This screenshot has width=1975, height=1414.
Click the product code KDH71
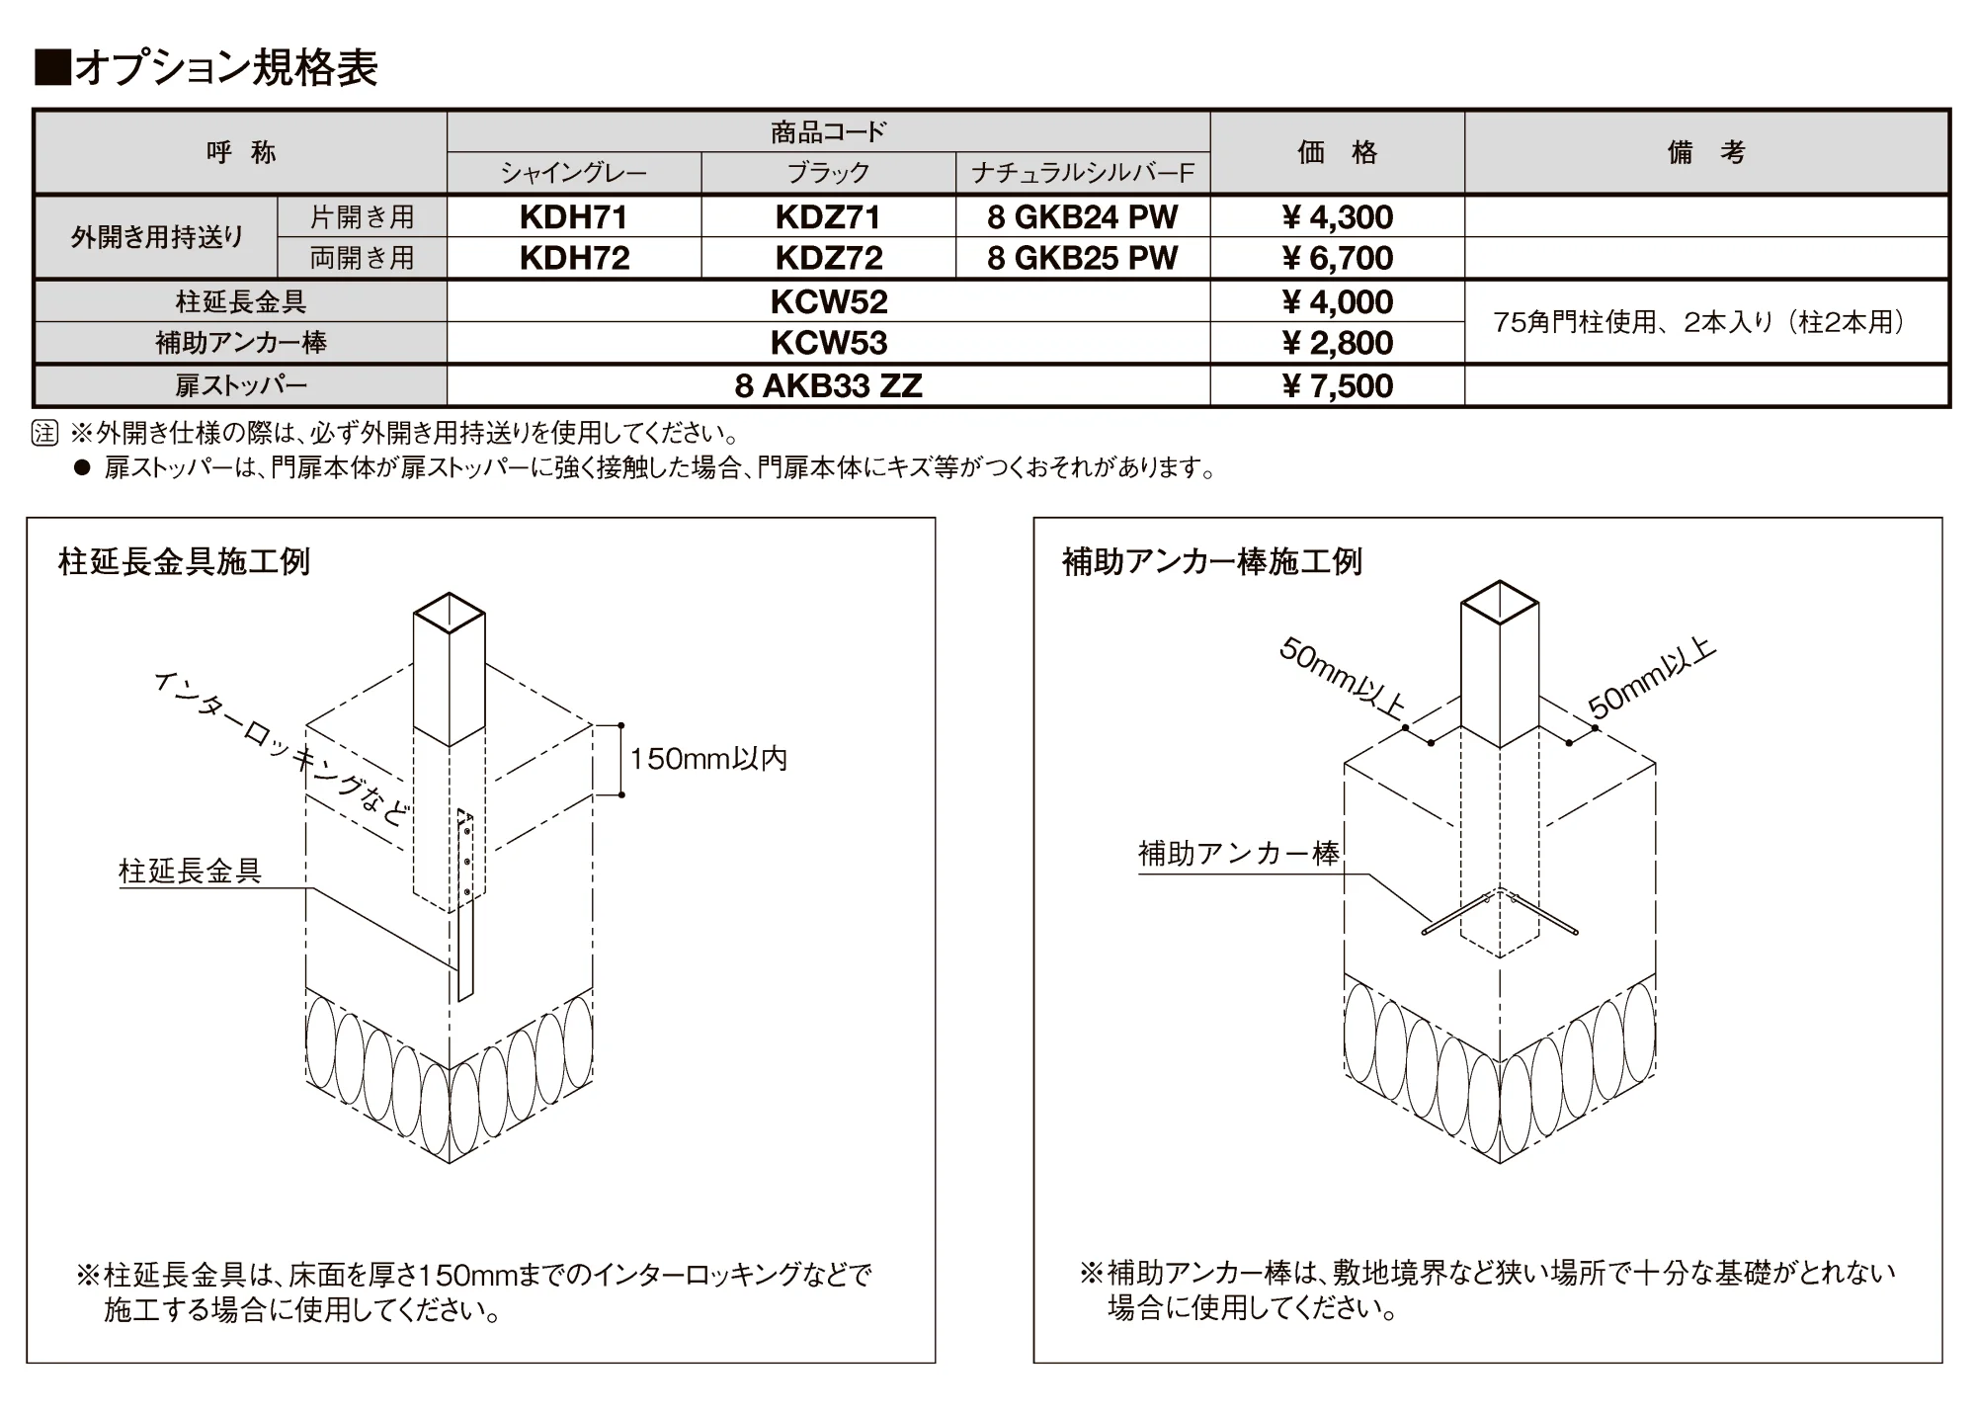[x=574, y=216]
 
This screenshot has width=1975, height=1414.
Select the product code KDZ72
[x=829, y=258]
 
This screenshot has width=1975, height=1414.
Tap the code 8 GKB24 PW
[x=1083, y=216]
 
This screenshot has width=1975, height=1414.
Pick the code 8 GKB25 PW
[x=1083, y=258]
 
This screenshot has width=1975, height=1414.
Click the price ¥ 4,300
[x=1337, y=216]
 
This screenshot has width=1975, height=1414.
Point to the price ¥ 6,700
[x=1337, y=258]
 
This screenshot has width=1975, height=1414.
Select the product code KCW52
[x=829, y=301]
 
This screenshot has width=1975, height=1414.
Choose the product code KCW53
[x=829, y=343]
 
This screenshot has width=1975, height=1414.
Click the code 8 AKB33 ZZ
[x=829, y=385]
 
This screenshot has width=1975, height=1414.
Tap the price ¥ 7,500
[x=1337, y=385]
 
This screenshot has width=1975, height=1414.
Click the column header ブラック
[x=829, y=173]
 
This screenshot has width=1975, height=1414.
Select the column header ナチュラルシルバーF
[x=1083, y=174]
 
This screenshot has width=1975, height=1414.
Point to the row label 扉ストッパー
[x=241, y=385]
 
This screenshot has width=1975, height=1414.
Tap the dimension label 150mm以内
[x=708, y=759]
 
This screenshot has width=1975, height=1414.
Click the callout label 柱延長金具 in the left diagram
[x=190, y=871]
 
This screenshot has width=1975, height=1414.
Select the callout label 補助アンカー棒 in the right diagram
[x=1239, y=853]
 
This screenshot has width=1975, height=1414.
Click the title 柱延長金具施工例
[x=185, y=561]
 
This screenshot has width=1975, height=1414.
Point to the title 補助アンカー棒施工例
[x=1212, y=561]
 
